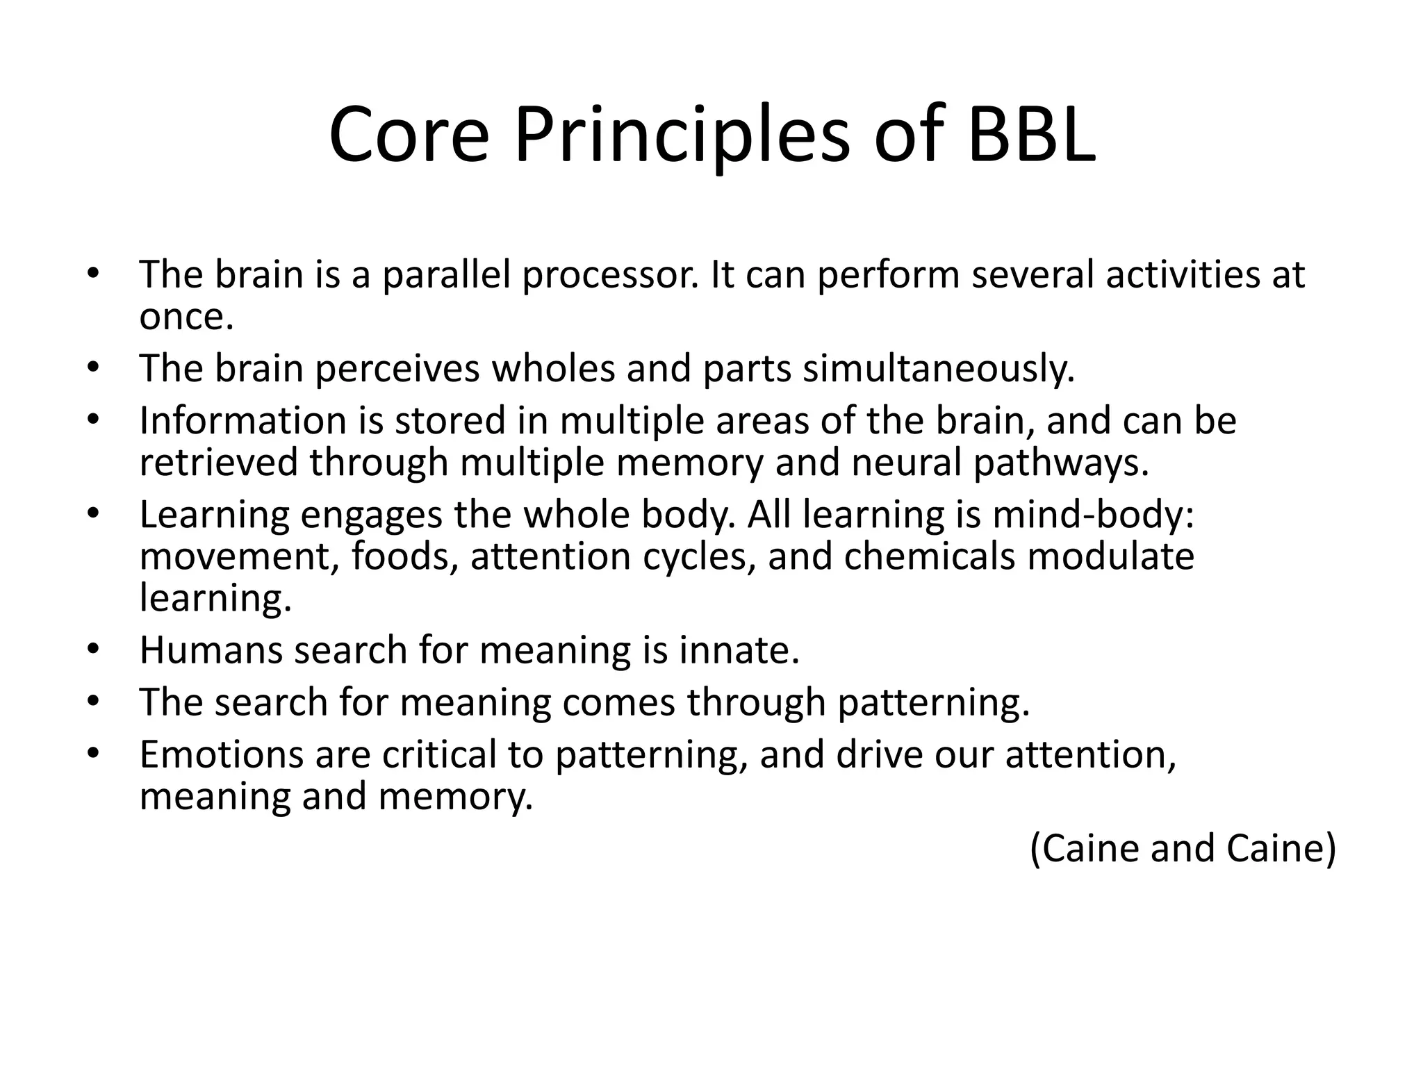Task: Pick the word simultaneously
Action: (x=939, y=369)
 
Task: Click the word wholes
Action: (x=553, y=369)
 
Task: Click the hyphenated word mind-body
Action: (x=1093, y=515)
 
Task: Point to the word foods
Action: (x=404, y=556)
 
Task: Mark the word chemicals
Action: (x=929, y=556)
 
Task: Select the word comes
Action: (x=618, y=703)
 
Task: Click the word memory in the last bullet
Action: (x=455, y=797)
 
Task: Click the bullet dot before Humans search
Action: (x=94, y=651)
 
